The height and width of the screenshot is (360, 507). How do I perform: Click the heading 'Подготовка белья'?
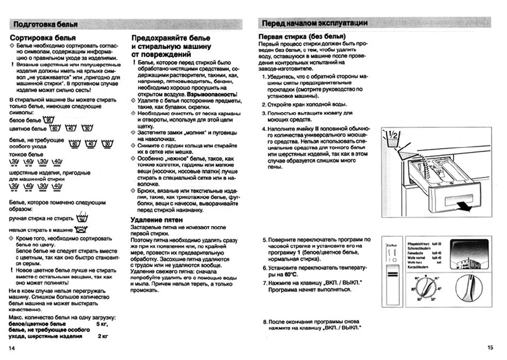point(46,24)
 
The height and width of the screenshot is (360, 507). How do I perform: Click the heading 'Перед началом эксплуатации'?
point(315,23)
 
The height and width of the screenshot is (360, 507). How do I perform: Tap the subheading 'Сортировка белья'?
point(43,38)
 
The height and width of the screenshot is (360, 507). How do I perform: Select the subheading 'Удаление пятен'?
point(157,219)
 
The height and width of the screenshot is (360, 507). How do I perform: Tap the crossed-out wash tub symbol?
point(81,230)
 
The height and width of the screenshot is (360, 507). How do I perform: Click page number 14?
point(12,348)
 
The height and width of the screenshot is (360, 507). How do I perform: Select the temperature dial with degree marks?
point(427,288)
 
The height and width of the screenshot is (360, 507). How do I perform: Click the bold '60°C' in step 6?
point(290,275)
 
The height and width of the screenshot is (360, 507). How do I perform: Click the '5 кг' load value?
point(102,323)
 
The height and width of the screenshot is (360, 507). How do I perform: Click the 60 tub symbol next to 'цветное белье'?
point(55,129)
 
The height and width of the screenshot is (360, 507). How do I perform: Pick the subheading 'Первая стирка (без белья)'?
point(299,36)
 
